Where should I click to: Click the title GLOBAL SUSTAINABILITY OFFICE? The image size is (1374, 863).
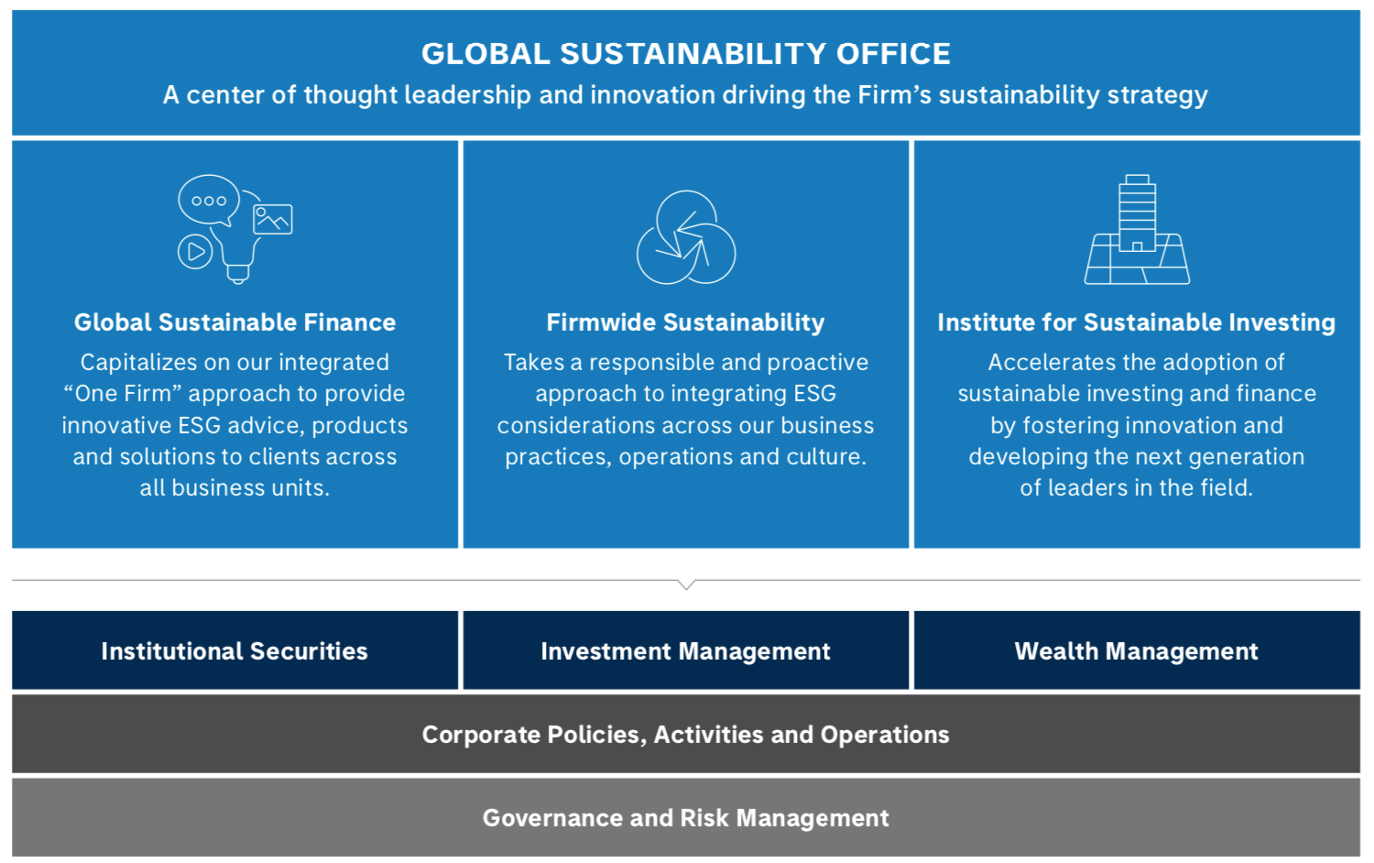(685, 54)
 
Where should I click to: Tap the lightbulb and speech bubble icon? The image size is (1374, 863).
(234, 228)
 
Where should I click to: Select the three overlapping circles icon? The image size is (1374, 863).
(686, 237)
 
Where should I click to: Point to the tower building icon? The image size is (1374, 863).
(1137, 229)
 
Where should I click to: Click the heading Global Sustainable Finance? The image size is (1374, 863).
(234, 322)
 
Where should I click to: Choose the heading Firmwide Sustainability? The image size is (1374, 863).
(685, 322)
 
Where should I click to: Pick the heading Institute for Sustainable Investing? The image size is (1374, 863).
(1136, 322)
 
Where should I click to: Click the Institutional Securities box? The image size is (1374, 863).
(234, 650)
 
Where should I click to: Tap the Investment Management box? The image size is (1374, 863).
(685, 650)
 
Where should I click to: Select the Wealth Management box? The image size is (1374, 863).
(1136, 650)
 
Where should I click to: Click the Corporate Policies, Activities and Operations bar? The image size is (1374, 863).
(685, 735)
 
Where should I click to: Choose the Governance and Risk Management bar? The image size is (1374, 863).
(685, 818)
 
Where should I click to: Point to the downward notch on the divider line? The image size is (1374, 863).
(686, 584)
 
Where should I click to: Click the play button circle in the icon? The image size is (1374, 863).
(195, 251)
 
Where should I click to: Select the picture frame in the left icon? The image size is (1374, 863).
(273, 219)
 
